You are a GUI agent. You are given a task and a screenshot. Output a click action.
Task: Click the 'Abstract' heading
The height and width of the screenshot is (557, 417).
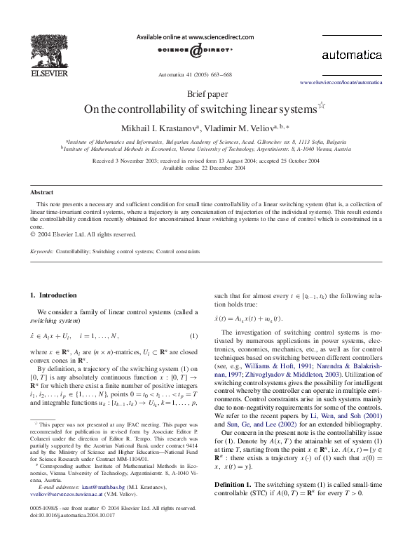(42, 192)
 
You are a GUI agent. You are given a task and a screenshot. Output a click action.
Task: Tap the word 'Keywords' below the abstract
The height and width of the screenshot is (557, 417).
(41, 250)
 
